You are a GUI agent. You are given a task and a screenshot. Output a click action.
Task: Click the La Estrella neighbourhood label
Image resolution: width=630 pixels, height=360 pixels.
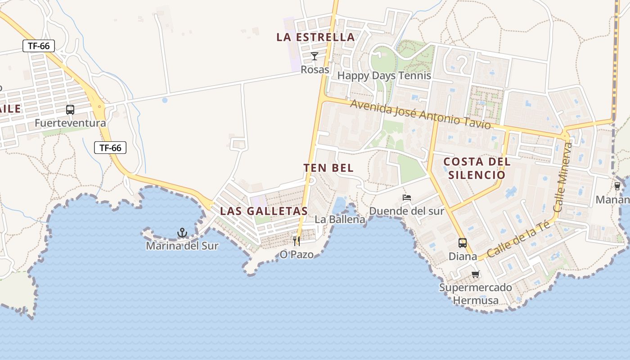click(x=315, y=37)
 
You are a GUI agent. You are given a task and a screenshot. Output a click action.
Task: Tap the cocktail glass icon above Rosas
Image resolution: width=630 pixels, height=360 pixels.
click(x=315, y=56)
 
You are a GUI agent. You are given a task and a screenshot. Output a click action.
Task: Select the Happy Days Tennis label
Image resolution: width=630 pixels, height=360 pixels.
click(x=384, y=76)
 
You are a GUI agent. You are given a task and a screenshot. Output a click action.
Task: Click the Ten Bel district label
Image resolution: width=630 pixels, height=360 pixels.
click(x=328, y=168)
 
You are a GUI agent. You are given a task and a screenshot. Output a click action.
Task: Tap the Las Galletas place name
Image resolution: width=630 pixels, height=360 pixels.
click(x=264, y=211)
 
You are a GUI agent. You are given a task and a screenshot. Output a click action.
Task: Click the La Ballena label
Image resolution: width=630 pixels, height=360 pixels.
click(x=340, y=220)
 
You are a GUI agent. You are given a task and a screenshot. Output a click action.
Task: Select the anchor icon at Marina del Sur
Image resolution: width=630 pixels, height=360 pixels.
click(x=182, y=233)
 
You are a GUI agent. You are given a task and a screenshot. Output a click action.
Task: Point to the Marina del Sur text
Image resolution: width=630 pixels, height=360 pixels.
click(x=182, y=246)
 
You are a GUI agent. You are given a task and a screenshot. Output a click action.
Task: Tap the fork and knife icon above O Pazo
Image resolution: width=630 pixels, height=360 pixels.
click(x=297, y=241)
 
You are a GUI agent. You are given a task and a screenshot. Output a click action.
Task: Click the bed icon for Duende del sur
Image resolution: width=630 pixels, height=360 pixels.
click(x=407, y=198)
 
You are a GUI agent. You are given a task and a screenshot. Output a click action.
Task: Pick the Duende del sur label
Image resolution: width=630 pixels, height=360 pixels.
click(x=406, y=211)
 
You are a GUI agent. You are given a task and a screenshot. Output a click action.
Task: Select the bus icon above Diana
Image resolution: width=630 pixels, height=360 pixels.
click(x=463, y=243)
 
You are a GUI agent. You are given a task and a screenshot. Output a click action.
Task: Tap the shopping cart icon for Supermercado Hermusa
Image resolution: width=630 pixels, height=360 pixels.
click(x=476, y=274)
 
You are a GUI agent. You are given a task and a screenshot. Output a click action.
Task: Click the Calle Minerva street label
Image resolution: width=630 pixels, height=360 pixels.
click(x=564, y=177)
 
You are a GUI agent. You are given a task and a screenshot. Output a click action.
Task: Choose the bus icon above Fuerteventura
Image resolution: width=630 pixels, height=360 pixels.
click(x=70, y=109)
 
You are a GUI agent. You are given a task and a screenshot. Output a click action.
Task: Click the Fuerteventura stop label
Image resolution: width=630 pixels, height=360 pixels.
click(x=70, y=123)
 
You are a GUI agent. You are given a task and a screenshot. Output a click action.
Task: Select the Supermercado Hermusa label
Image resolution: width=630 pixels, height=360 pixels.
click(x=476, y=294)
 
